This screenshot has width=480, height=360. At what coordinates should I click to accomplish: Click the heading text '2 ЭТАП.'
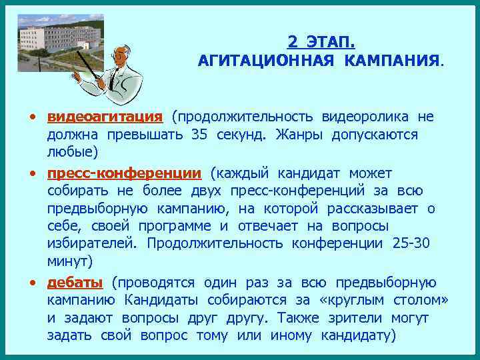pyautogui.click(x=321, y=42)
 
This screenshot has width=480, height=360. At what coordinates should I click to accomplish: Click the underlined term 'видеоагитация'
pyautogui.click(x=105, y=117)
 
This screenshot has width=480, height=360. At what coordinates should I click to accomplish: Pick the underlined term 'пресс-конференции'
pyautogui.click(x=124, y=174)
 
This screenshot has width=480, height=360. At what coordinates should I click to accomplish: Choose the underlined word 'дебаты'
pyautogui.click(x=75, y=281)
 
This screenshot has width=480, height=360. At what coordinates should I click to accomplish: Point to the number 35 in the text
pyautogui.click(x=199, y=135)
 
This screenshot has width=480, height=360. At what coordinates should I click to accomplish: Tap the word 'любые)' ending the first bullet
pyautogui.click(x=72, y=153)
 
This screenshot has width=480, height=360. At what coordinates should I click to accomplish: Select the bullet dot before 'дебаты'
pyautogui.click(x=32, y=282)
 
